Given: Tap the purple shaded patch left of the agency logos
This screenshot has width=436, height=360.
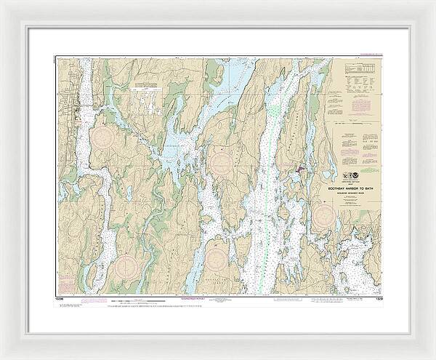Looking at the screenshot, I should click(299, 172).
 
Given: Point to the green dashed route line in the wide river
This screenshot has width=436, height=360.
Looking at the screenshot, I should click(269, 182).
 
